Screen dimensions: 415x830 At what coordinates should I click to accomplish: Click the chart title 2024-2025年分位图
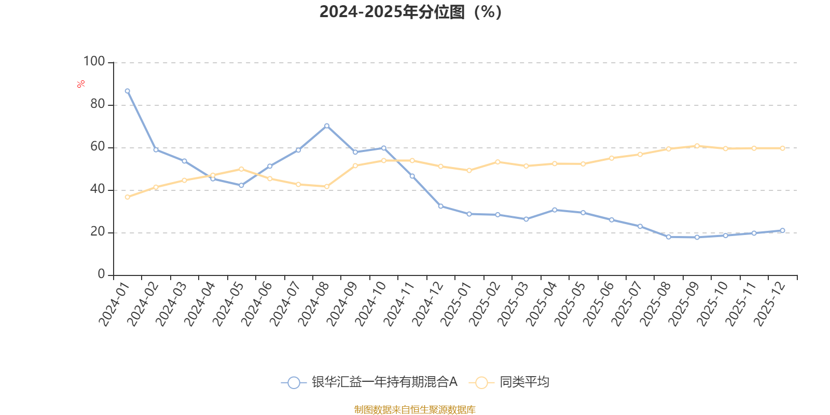point(410,12)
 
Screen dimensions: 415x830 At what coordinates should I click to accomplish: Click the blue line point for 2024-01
point(128,91)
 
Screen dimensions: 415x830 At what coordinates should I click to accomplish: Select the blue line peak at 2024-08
point(326,126)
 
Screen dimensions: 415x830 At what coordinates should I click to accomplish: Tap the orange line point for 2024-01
point(128,197)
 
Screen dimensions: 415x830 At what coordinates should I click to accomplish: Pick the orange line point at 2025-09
point(697,146)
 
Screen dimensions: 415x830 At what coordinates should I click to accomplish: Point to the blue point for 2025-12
point(782,230)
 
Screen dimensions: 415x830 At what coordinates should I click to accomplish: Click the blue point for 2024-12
point(440,206)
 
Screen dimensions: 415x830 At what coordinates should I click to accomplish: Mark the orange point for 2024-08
point(326,186)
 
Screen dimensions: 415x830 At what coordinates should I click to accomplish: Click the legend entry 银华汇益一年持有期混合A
point(384,382)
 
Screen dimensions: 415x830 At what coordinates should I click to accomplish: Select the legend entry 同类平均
point(524,382)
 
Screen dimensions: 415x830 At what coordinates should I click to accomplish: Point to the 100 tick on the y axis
point(94,62)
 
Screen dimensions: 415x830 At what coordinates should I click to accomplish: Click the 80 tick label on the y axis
point(97,104)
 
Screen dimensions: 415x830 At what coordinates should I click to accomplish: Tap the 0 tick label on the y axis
point(101,274)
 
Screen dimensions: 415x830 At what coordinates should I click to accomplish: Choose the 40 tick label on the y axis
point(97,189)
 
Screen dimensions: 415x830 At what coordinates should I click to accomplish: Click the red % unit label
point(81,84)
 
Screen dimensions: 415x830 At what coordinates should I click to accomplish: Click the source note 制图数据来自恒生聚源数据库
point(414,410)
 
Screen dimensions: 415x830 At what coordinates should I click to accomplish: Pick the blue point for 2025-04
point(555,210)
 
